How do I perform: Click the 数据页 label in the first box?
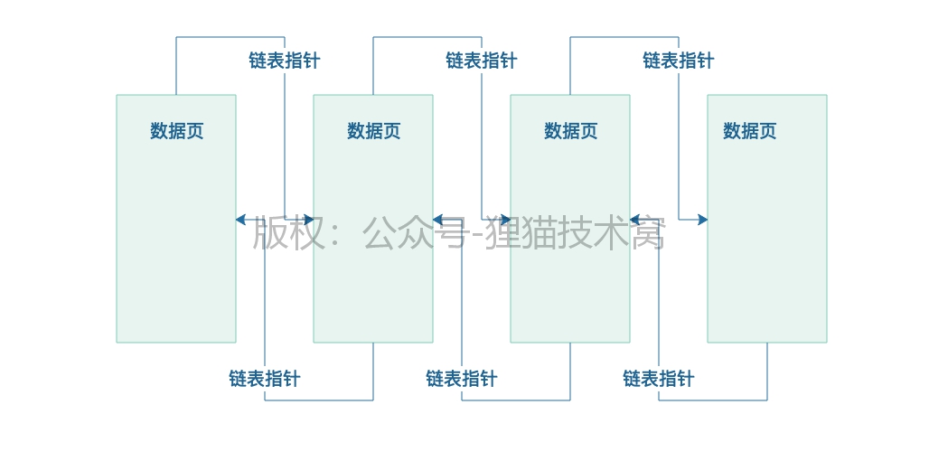176,131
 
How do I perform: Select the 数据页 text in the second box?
373,131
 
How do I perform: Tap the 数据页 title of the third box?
570,131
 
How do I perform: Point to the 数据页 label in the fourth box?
749,131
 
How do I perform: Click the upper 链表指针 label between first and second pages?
284,61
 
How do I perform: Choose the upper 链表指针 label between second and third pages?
481,61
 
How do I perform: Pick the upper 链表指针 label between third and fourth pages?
678,61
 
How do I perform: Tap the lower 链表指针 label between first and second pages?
264,379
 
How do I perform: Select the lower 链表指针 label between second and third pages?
461,379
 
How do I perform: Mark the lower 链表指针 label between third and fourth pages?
658,379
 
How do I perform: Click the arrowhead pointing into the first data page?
241,220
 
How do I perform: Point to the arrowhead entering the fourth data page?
702,220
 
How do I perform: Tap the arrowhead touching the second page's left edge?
308,220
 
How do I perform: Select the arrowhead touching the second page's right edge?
438,220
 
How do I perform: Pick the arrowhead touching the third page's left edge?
505,220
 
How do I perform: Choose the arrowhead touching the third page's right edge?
635,220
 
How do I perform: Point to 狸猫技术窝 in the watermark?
575,233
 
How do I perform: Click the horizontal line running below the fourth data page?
714,400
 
